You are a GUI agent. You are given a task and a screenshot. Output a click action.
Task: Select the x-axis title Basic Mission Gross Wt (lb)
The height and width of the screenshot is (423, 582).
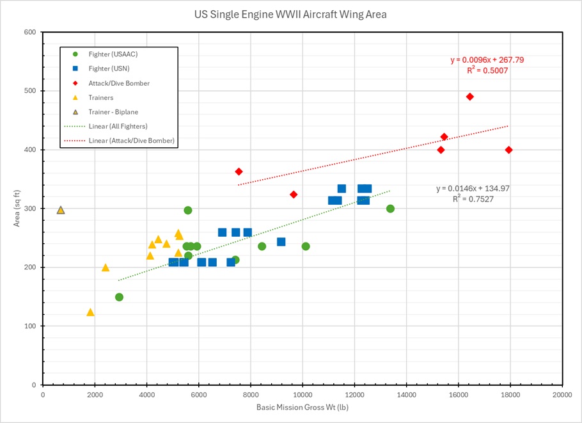(303, 407)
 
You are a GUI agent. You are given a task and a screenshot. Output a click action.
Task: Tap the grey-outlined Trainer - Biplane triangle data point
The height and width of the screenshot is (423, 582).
(61, 210)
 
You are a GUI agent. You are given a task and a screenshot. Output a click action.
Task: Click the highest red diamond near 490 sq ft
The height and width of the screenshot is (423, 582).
(470, 97)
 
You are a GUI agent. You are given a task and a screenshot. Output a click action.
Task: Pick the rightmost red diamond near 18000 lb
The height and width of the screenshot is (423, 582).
(509, 150)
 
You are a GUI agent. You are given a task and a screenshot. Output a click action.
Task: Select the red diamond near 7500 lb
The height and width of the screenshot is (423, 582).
(239, 172)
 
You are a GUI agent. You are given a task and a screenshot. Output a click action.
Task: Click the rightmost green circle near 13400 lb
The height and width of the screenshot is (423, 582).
(390, 209)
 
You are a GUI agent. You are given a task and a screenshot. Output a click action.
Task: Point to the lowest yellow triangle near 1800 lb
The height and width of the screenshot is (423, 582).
(90, 312)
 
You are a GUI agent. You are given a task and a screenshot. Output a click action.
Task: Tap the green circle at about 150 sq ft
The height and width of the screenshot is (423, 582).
(119, 297)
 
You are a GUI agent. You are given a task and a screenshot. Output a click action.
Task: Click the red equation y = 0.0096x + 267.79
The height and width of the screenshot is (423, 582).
(487, 60)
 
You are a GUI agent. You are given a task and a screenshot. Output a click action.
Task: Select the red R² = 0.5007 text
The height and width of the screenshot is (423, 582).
(487, 70)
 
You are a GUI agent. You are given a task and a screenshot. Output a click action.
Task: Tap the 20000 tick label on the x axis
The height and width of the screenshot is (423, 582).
(562, 394)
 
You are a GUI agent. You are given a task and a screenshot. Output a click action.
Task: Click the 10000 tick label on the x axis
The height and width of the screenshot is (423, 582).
(303, 394)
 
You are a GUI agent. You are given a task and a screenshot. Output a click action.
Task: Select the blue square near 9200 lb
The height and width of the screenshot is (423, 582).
(281, 242)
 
